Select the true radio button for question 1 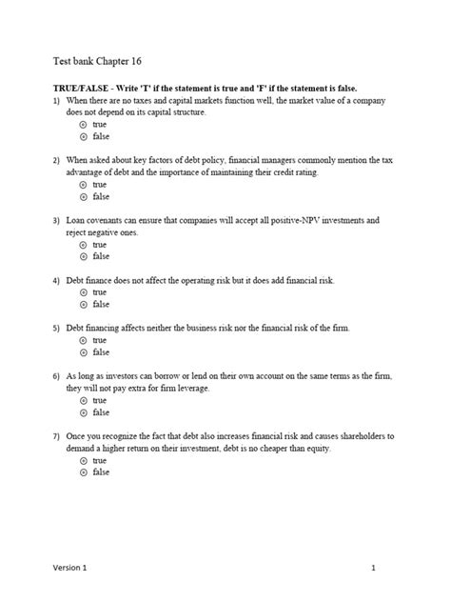(x=83, y=124)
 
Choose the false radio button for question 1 (x=83, y=136)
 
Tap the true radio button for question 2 (x=83, y=185)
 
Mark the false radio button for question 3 (x=83, y=256)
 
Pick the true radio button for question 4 (x=83, y=292)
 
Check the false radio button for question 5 (x=83, y=351)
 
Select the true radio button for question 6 (x=83, y=400)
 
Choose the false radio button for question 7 (x=83, y=472)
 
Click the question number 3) (x=57, y=220)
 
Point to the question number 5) (x=57, y=328)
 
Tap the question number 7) (x=57, y=436)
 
